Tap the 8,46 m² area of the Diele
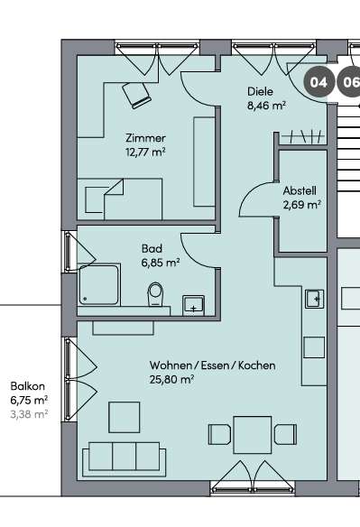click(x=267, y=106)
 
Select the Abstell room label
click(x=299, y=191)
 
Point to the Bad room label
click(x=151, y=248)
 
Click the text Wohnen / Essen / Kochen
click(x=213, y=366)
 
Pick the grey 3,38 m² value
click(x=29, y=414)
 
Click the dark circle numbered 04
click(x=318, y=82)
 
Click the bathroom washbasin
click(x=194, y=304)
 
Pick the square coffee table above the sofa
click(x=125, y=417)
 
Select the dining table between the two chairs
click(x=252, y=434)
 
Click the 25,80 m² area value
click(x=172, y=380)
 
